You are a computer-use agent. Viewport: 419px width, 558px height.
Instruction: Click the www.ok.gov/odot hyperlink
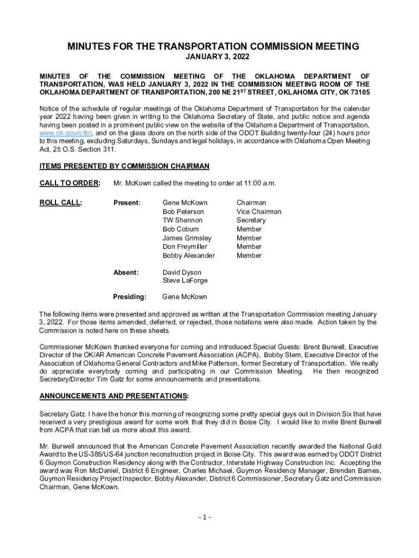[x=65, y=132]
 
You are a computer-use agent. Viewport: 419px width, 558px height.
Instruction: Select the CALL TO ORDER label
[x=69, y=183]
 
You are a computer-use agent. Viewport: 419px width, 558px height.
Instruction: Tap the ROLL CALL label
[x=60, y=203]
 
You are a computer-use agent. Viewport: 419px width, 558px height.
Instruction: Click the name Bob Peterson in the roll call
[x=183, y=211]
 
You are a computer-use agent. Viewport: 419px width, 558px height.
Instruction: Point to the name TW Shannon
[x=182, y=220]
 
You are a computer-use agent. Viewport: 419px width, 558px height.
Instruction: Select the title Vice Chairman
[x=258, y=211]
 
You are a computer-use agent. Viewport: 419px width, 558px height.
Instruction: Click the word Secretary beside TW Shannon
[x=251, y=220]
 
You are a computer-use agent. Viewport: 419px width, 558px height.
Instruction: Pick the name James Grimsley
[x=187, y=238]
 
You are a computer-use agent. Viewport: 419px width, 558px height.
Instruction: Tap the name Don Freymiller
[x=184, y=247]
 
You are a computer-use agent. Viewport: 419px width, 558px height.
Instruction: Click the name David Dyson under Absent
[x=182, y=272]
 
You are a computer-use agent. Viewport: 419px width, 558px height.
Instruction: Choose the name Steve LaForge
[x=185, y=281]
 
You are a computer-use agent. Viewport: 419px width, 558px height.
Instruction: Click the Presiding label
[x=130, y=297]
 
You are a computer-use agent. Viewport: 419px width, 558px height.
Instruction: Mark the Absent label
[x=126, y=272]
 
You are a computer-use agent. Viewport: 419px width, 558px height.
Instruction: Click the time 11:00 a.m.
[x=258, y=183]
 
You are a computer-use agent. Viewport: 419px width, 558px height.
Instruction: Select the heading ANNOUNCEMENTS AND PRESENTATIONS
[x=114, y=395]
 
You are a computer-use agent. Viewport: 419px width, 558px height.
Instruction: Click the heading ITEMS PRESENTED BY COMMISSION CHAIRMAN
[x=124, y=166]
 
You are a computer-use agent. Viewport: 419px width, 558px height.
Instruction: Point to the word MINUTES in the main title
[x=89, y=47]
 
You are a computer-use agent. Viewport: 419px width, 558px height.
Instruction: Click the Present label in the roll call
[x=127, y=203]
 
